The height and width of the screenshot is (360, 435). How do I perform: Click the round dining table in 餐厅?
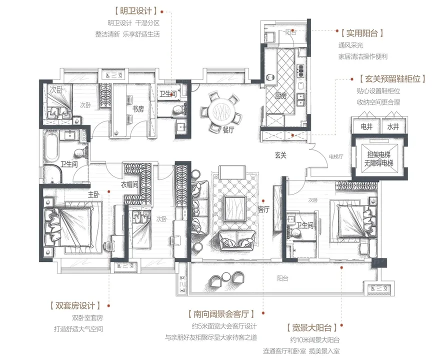tap(223, 111)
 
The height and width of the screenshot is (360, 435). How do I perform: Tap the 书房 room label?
tap(138, 109)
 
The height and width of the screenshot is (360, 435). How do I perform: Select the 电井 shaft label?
tap(366, 126)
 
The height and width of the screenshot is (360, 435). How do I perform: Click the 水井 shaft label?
tap(393, 126)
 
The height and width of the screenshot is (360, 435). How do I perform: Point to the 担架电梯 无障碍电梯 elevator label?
tap(378, 159)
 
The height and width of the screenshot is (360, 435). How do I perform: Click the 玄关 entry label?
tap(280, 155)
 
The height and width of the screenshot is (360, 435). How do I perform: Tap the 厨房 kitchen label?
tap(280, 96)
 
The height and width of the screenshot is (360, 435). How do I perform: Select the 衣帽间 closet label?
tap(129, 184)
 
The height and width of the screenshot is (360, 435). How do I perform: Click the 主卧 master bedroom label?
tap(94, 194)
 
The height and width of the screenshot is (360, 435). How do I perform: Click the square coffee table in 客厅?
tap(235, 208)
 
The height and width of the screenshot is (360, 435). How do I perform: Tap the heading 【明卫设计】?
tap(136, 11)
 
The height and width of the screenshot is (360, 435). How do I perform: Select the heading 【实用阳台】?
tap(362, 33)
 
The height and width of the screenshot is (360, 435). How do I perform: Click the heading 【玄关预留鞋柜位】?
tap(392, 79)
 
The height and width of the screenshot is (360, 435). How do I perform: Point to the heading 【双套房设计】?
tap(75, 305)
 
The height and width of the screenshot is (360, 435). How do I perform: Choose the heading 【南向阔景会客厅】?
tap(221, 314)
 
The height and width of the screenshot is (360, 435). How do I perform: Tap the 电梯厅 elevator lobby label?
tap(336, 156)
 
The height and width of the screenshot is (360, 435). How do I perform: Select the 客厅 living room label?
tap(263, 209)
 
